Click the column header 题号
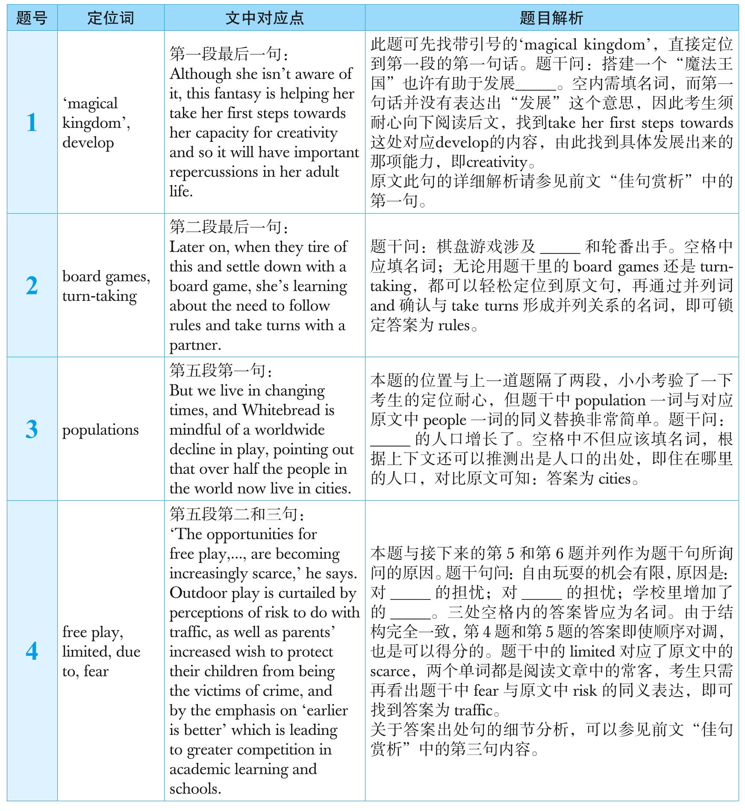point(32,18)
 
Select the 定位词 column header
point(111,18)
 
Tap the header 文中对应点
point(265,18)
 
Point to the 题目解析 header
point(551,18)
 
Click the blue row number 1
point(32,123)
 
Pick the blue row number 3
point(32,429)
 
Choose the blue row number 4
point(32,651)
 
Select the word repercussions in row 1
point(214,172)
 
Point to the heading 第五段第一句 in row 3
point(220,370)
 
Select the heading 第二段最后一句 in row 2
point(228,227)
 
